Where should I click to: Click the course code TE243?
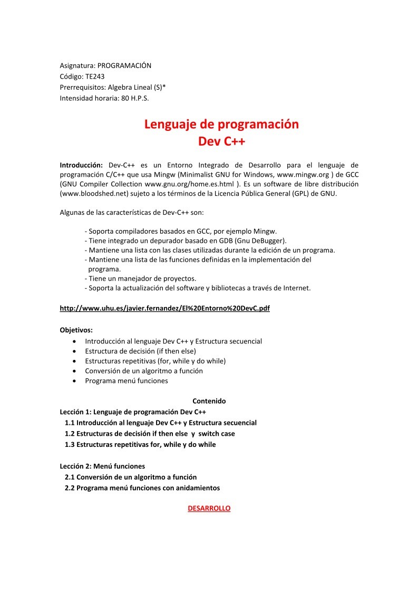(95, 77)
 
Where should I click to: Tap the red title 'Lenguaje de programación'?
(221, 125)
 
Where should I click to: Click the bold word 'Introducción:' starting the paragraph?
(81, 165)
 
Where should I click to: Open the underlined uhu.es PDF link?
(164, 308)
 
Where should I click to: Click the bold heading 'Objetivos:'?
(76, 330)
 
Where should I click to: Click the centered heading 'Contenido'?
(209, 401)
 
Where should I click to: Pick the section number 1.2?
(70, 434)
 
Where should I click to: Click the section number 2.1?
(70, 477)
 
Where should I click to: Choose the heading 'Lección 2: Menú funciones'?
(102, 466)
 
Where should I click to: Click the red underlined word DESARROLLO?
(209, 508)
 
